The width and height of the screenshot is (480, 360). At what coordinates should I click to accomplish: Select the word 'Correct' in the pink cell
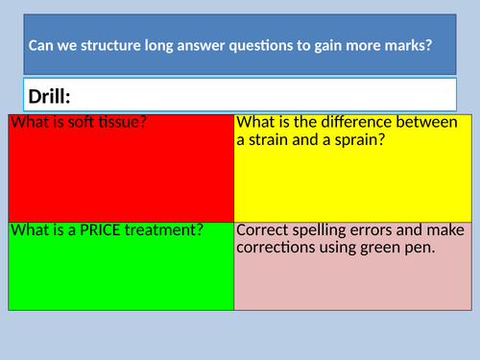[x=264, y=230]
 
